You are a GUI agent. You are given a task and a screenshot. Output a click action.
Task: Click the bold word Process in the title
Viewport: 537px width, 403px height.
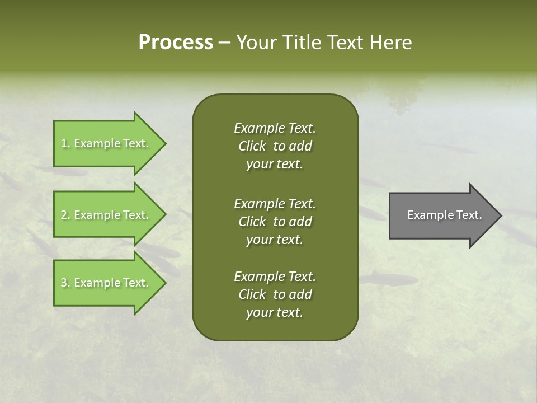(176, 43)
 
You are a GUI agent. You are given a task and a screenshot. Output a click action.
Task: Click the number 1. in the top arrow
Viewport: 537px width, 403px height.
(65, 143)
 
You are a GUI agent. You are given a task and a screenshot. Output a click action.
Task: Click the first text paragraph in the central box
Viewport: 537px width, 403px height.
(275, 146)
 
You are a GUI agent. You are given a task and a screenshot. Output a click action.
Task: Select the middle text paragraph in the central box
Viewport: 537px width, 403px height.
(275, 222)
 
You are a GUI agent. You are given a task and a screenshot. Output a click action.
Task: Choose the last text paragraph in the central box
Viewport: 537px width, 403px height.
(275, 294)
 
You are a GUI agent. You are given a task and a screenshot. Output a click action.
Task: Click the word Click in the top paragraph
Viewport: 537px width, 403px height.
(252, 147)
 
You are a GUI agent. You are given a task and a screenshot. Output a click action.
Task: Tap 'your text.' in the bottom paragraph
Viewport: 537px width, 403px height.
(275, 313)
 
